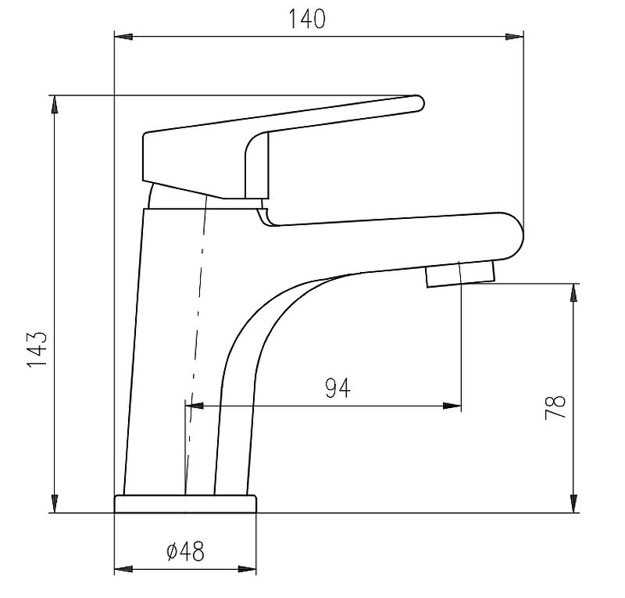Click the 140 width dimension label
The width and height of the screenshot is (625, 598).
[306, 19]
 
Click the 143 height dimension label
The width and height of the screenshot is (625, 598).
[37, 349]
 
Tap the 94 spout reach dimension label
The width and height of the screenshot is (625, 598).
[337, 389]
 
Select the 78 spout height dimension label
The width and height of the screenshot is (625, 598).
[555, 407]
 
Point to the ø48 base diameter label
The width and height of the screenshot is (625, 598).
[185, 551]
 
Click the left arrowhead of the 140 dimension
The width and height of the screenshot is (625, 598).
[123, 37]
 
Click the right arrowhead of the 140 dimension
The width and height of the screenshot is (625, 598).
[515, 37]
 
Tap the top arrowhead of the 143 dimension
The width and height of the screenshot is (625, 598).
[55, 105]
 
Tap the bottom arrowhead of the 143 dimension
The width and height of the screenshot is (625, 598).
[55, 503]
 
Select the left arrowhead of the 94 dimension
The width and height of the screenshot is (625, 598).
[195, 406]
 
